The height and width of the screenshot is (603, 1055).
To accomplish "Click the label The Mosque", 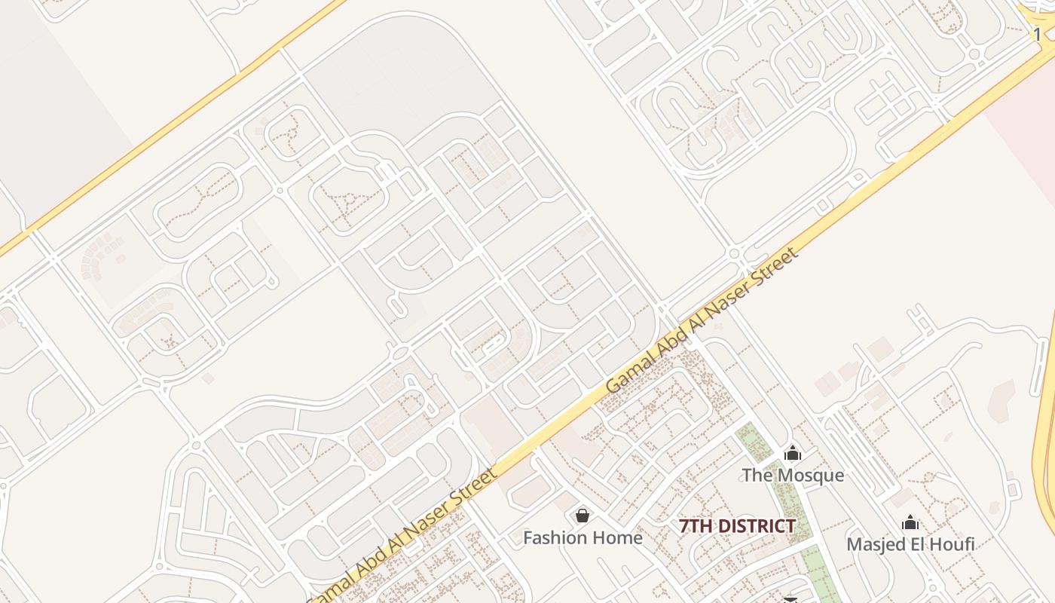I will point(793,476).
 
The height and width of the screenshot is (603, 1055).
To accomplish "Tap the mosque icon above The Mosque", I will point(793,454).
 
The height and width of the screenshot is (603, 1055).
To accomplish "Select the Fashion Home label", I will point(583,537).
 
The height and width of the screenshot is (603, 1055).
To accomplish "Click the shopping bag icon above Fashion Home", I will point(583,516).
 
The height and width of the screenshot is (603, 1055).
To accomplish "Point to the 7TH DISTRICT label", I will point(737,526).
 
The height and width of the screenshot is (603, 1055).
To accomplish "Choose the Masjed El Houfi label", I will point(910,543).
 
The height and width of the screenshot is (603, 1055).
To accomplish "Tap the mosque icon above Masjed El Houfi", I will point(910,522).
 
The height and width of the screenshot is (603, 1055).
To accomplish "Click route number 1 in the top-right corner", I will point(1038,34).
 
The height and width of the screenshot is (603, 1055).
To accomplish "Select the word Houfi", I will point(950,543).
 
